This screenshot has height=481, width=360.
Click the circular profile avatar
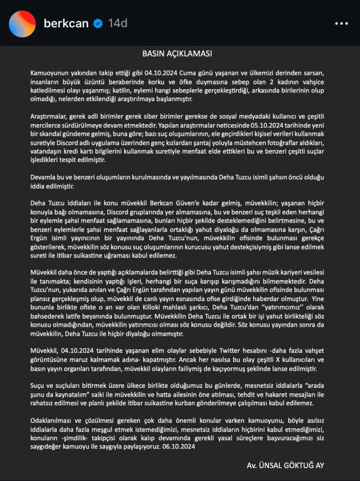[22, 23]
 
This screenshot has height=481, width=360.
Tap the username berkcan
[66, 23]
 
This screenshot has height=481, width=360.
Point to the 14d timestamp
[117, 23]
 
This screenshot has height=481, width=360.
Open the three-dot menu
[342, 23]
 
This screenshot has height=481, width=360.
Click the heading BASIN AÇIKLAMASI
[177, 54]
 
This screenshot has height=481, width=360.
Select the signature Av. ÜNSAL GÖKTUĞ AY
[285, 465]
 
